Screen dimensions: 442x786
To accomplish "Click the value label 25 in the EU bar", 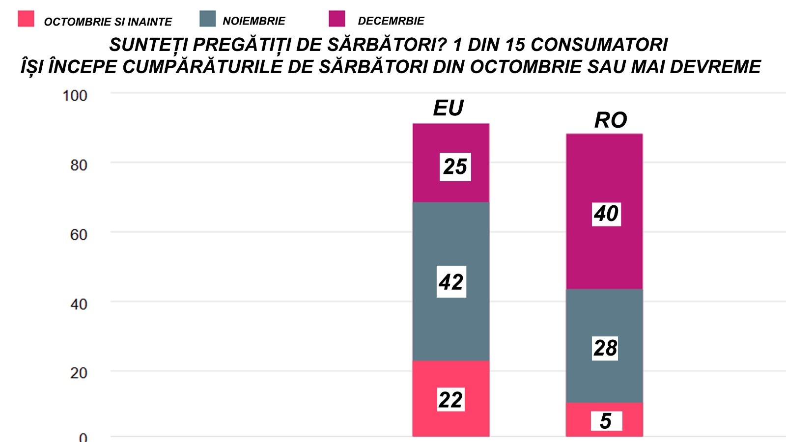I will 455,167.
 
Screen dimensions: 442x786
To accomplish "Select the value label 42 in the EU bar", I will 451,282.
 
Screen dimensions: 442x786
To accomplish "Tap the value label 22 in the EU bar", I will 451,400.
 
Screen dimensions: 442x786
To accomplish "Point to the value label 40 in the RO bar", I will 606,214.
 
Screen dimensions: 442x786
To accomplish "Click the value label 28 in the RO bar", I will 605,348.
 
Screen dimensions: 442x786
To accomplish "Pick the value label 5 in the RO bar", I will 606,421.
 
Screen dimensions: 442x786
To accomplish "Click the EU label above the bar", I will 448,108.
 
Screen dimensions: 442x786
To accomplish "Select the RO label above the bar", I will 611,120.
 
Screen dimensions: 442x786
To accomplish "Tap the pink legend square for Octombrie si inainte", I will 26,19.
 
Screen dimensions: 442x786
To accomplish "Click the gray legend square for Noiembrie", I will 208,19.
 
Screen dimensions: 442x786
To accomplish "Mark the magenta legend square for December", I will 337,19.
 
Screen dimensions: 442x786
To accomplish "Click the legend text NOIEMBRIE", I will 254,21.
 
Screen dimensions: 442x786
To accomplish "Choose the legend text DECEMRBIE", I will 391,21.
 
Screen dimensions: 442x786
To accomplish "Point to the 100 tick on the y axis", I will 75,95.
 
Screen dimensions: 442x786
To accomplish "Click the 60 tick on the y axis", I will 79,235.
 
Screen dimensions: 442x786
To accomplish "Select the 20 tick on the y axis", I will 79,373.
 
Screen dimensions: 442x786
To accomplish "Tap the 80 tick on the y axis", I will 79,165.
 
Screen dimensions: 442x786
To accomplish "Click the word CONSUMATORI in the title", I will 599,45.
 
